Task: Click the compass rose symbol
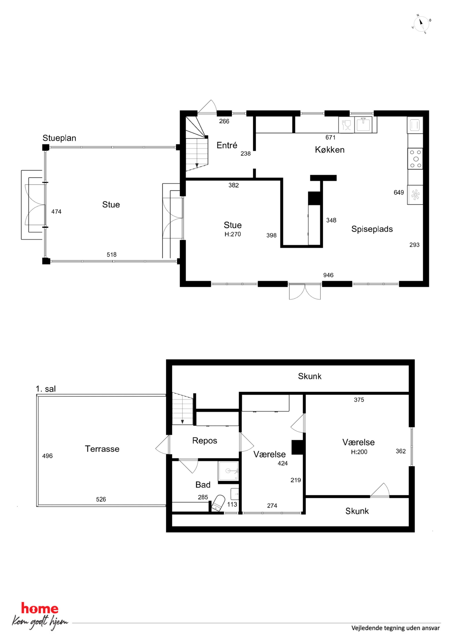click(421, 24)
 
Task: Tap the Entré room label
click(227, 145)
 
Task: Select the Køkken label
click(330, 150)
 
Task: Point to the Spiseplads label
click(372, 229)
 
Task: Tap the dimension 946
click(328, 275)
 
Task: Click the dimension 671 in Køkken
click(330, 137)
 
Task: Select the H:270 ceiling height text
click(233, 234)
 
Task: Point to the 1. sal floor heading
click(46, 389)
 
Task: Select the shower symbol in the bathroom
click(228, 471)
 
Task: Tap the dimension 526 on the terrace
click(101, 499)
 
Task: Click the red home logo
click(40, 609)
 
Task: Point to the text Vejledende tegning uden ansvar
click(396, 628)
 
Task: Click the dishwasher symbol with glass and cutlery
click(347, 125)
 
